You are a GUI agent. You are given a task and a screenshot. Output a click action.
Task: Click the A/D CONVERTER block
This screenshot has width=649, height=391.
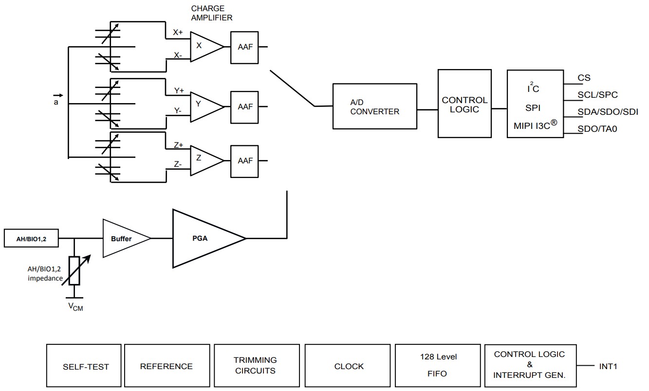click(375, 107)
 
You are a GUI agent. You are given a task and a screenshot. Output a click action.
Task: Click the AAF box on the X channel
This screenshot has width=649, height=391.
click(245, 47)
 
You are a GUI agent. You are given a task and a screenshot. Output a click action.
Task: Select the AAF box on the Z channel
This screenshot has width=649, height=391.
click(245, 160)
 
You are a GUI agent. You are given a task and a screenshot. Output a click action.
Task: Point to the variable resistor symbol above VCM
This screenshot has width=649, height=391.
click(74, 271)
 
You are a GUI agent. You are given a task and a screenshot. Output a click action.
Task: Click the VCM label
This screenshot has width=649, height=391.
click(74, 307)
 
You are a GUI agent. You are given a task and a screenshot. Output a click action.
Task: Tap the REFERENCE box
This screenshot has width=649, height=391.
click(167, 366)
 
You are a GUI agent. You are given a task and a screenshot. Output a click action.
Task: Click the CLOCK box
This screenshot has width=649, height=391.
click(348, 366)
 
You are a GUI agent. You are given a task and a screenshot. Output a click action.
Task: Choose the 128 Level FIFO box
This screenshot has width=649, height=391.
click(438, 366)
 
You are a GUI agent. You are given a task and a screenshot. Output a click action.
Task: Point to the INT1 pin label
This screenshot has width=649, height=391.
click(608, 366)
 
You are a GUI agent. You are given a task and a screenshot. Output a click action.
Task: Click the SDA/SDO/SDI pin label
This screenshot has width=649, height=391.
click(608, 112)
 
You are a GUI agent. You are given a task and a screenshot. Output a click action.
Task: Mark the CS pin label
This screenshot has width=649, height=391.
click(584, 78)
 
